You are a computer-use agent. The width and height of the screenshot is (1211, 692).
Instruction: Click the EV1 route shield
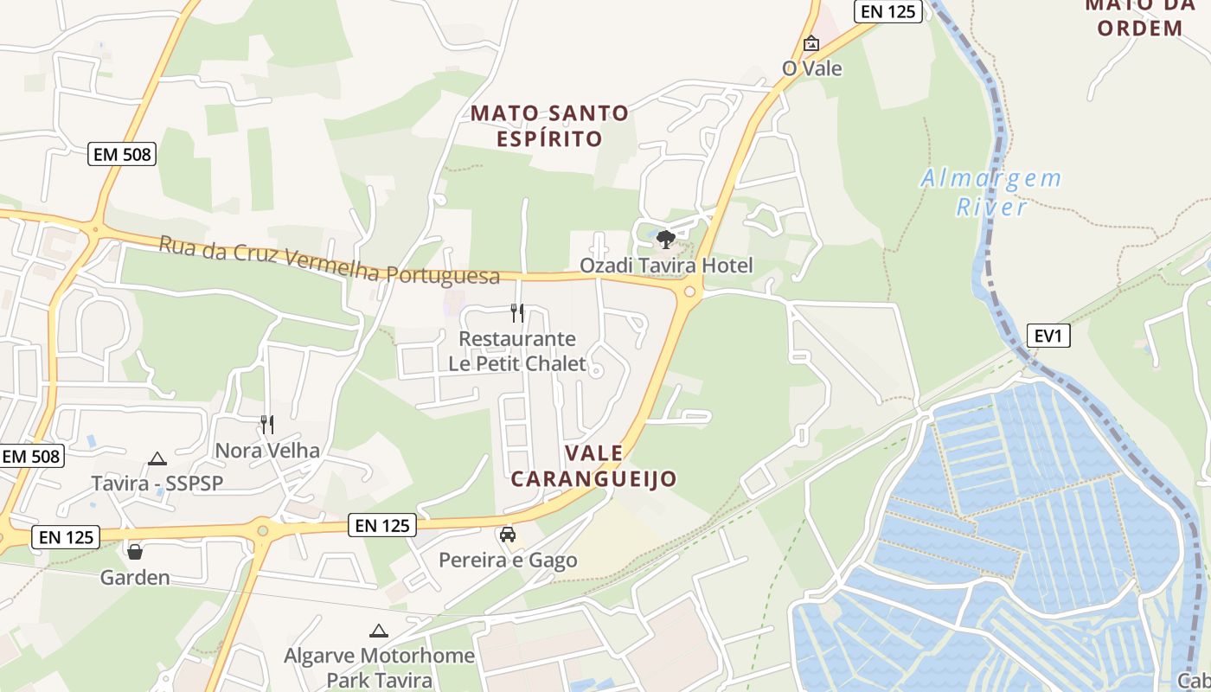1048,336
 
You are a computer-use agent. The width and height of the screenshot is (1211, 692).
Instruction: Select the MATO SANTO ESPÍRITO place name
549,125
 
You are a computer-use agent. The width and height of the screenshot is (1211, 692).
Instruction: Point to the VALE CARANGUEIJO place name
593,466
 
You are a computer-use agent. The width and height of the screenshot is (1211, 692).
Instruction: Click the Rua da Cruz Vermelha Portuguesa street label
330,259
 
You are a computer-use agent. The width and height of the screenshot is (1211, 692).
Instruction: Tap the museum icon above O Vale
811,43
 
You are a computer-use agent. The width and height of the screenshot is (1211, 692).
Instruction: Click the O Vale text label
811,68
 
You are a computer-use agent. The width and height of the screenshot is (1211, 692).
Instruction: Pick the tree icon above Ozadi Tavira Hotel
665,239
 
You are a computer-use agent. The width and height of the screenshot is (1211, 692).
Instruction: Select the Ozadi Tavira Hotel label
666,266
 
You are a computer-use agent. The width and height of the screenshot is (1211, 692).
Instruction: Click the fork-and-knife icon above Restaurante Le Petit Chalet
517,312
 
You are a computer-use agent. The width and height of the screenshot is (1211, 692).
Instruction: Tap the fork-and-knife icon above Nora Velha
267,424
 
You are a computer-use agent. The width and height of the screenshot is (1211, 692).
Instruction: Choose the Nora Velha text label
267,450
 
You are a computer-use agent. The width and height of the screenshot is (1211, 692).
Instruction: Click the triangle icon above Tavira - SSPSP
157,458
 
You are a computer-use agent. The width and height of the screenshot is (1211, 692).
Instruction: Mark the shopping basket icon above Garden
135,551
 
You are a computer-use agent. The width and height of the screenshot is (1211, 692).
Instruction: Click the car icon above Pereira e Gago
508,534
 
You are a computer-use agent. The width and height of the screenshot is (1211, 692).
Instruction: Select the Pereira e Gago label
508,560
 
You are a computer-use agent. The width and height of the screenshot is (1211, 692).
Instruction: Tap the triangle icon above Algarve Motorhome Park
378,631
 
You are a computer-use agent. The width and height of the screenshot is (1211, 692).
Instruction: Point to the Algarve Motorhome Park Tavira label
379,667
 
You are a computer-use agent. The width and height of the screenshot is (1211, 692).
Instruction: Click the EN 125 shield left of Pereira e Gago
382,524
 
